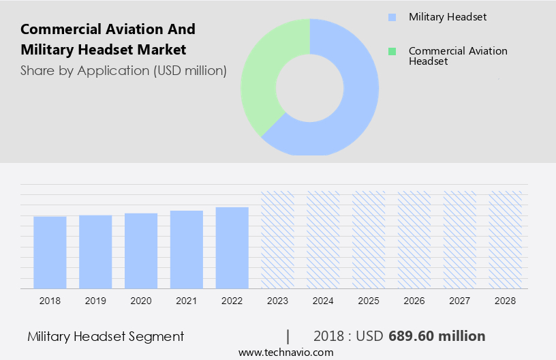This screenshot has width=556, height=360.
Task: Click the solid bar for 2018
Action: point(50,252)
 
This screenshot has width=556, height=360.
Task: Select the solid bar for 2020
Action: point(141,251)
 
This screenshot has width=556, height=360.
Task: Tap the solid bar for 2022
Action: point(232,247)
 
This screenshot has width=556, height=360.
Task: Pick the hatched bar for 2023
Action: point(278,239)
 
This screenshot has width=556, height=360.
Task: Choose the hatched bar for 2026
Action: point(414,239)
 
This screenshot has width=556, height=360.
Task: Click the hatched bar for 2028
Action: point(506,239)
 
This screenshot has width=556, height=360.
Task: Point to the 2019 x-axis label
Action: point(95,300)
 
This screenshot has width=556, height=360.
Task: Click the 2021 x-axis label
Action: point(187,300)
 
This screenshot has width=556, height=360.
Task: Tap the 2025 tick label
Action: point(369,300)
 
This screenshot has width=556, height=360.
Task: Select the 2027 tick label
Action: point(460,300)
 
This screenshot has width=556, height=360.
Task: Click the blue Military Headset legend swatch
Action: point(391,17)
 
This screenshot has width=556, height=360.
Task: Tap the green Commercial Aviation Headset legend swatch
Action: point(391,52)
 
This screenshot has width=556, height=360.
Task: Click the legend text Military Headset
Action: point(448,17)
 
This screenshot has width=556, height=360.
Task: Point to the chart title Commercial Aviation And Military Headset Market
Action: point(108,39)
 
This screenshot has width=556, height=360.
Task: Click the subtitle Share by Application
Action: point(123,70)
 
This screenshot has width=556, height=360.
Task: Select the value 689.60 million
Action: point(437,336)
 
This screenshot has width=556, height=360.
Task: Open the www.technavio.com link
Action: point(285,352)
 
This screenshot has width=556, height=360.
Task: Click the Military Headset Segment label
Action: point(106,336)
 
